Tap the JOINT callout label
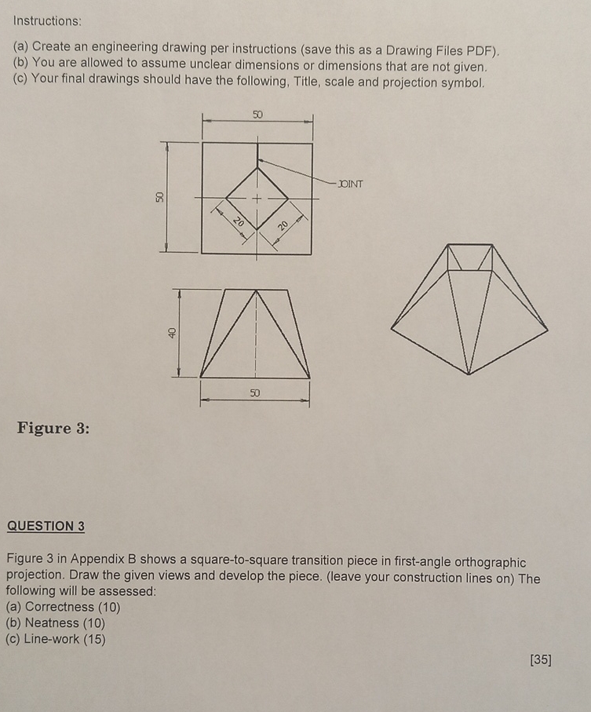pos(350,184)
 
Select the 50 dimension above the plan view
pos(258,115)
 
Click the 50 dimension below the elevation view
pos(254,392)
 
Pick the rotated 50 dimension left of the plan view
pos(160,197)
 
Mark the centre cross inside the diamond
pos(257,199)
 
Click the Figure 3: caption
pos(53,428)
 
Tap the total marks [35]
pos(540,659)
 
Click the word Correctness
pos(59,607)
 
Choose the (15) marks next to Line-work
pos(93,639)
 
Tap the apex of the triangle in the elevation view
pos(256,290)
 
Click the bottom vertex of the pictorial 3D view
pos(469,374)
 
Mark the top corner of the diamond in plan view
pos(257,167)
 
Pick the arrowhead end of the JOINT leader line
pos(259,159)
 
